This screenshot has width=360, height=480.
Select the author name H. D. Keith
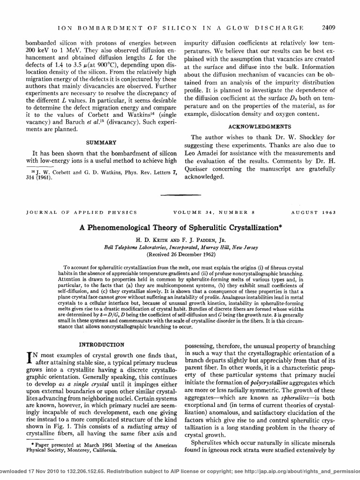[150, 239]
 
